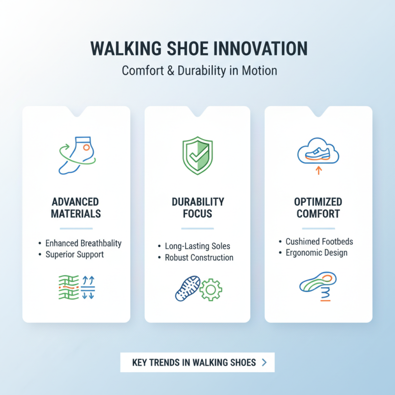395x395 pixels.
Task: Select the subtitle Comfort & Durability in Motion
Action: click(x=199, y=71)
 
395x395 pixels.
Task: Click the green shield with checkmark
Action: click(x=197, y=156)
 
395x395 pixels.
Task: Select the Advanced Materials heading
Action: click(x=76, y=208)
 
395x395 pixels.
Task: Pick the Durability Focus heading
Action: click(x=197, y=208)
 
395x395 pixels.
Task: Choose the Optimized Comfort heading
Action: click(x=318, y=208)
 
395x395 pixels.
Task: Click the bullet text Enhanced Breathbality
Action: click(x=83, y=243)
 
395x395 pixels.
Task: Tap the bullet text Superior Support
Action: click(x=75, y=255)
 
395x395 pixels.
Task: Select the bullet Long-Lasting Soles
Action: click(x=197, y=246)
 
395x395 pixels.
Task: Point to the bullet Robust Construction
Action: click(x=199, y=257)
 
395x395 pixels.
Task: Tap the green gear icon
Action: click(x=211, y=289)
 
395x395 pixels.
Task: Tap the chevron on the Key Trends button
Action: click(x=264, y=362)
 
